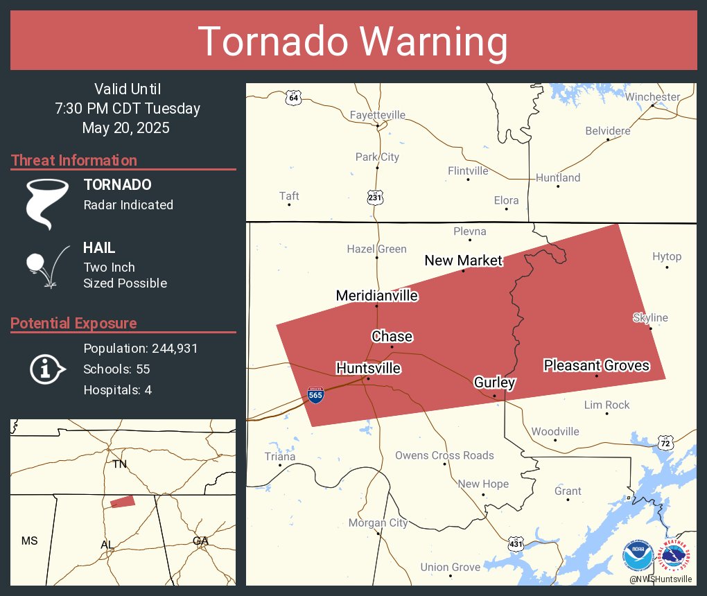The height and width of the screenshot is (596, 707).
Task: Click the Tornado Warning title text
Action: click(x=353, y=42)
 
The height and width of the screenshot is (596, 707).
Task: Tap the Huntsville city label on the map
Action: click(x=368, y=368)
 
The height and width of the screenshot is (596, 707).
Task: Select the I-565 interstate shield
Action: click(x=315, y=395)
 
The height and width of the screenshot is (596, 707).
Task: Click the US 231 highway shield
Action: click(x=375, y=197)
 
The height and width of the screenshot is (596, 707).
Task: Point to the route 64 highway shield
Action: click(x=294, y=98)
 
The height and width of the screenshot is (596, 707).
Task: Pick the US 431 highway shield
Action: click(x=515, y=545)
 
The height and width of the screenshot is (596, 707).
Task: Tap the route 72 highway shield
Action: click(x=665, y=442)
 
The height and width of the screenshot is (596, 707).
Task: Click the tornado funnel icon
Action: click(x=46, y=203)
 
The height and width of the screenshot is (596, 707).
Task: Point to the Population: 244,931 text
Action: click(x=141, y=349)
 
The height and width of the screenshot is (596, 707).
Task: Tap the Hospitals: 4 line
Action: click(x=117, y=390)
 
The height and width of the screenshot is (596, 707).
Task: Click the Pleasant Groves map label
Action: click(x=596, y=365)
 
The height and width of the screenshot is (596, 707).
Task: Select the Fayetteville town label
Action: click(x=378, y=115)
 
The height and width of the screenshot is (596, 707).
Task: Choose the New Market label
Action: click(x=463, y=261)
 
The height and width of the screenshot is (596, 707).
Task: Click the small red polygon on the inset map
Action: click(x=123, y=501)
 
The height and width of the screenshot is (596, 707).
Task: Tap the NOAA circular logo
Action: click(x=637, y=556)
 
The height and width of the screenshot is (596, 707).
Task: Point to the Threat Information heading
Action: click(x=74, y=161)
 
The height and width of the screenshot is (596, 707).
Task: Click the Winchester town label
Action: click(x=652, y=97)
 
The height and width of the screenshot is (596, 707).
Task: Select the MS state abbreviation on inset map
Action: click(x=29, y=541)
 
